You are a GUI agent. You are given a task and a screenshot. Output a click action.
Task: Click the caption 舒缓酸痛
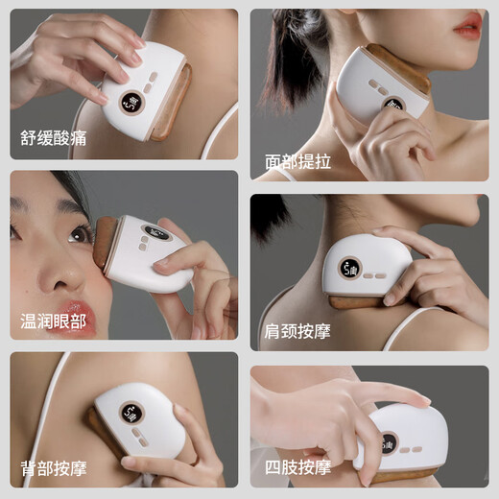(53, 137)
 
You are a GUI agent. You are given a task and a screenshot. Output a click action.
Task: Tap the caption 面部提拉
(297, 161)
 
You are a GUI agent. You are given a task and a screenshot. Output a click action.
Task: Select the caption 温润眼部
(54, 321)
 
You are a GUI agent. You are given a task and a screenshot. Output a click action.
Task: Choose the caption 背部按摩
(54, 469)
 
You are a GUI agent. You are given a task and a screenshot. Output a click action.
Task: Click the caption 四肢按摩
(297, 468)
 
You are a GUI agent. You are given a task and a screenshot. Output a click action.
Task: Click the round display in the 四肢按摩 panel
(389, 443)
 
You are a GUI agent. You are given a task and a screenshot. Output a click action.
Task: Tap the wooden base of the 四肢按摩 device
(403, 476)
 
